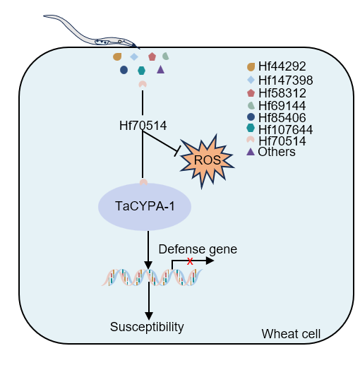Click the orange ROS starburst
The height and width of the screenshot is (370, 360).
coord(207,160)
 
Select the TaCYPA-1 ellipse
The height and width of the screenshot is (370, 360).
coord(145,206)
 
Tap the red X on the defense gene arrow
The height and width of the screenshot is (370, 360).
coord(190,261)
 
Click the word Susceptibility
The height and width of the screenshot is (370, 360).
coord(147,327)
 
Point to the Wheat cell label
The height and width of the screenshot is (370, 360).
coord(291,334)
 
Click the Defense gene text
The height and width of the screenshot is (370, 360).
coord(198,250)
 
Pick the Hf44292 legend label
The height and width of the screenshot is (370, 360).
coord(282,66)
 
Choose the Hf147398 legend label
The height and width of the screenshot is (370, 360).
coord(286,80)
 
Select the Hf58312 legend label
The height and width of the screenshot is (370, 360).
coord(282,93)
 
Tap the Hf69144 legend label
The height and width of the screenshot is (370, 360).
coord(282,105)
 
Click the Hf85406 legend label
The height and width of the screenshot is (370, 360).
coord(282,117)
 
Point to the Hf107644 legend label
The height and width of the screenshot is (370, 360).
coord(286,129)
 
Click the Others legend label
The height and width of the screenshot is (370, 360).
coord(277,152)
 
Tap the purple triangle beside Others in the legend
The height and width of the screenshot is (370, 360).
coord(251,153)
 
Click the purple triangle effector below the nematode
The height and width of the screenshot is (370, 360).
coord(161,70)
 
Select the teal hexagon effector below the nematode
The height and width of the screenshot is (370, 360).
coord(141,71)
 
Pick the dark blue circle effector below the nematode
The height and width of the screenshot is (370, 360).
coord(124,70)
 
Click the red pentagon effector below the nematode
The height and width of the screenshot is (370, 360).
coord(152,56)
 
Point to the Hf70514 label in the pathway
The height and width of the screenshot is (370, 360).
coord(143,125)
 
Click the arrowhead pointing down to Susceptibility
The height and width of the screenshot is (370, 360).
coord(149,316)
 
